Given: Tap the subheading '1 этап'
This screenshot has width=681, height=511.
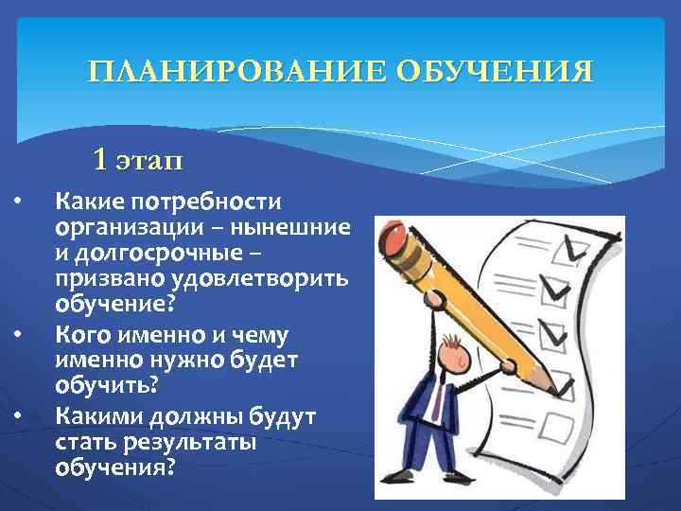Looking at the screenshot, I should [138, 158].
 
